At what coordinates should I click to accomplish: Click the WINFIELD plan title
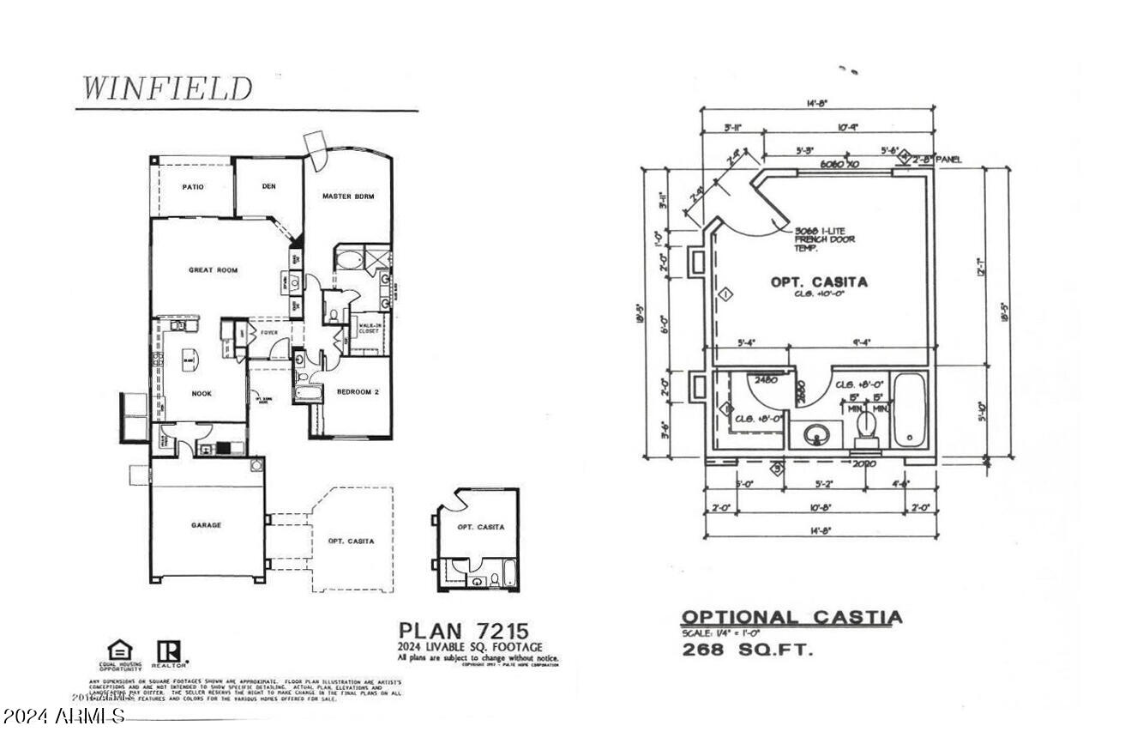coord(167,88)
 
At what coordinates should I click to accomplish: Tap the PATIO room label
coord(193,187)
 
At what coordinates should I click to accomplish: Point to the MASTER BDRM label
coord(348,197)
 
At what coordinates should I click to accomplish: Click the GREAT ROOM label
coord(213,270)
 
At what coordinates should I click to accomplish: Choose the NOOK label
coord(202,394)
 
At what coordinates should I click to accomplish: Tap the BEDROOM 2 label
coord(358,392)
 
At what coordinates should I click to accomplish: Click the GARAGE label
coord(206,525)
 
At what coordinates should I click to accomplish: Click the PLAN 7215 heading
coord(463,631)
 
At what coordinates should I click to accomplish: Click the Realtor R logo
coord(167,651)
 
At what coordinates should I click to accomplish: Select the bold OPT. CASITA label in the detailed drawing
coord(819,282)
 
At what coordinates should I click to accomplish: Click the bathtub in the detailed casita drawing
coord(909,412)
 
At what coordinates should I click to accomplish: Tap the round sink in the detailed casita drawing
coord(815,435)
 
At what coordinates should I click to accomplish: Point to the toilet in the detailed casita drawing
coord(867,426)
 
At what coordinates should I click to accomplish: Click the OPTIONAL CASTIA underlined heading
coord(791,618)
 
